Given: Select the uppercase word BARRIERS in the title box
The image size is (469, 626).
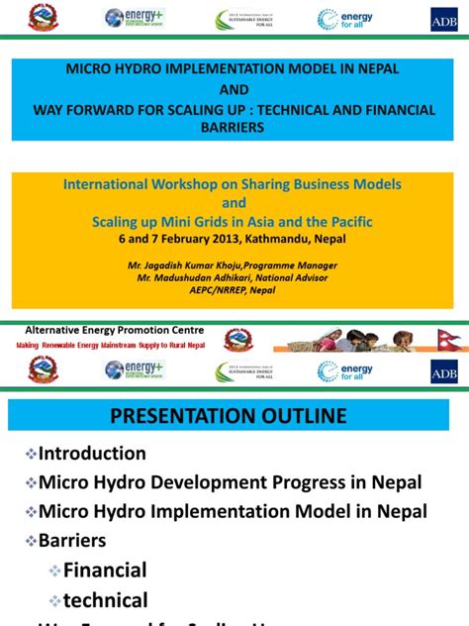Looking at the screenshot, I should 234,127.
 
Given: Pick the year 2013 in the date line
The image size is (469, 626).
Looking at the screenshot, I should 225,239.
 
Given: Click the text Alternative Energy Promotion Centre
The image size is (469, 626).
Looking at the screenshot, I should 114,330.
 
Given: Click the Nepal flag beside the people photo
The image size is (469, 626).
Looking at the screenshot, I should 449,340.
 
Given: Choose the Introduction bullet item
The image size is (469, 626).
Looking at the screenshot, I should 92,454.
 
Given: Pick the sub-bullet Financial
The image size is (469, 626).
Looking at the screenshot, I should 104,571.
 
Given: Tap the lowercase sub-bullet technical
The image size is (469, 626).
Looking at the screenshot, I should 105,600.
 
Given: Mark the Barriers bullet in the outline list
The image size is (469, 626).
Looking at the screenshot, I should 72,541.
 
